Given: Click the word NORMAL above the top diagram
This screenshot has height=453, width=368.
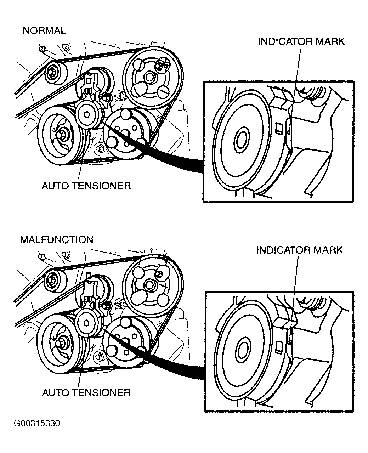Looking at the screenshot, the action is (44, 30).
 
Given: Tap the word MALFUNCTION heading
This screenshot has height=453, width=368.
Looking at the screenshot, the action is (57, 240).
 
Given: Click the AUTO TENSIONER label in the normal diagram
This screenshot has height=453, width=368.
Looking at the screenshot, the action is (86, 186).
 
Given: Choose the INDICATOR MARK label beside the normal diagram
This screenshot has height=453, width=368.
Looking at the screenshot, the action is (301, 41).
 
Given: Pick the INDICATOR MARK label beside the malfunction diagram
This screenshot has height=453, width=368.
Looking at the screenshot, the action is (300, 250).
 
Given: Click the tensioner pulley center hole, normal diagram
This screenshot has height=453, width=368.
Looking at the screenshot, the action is (86, 115).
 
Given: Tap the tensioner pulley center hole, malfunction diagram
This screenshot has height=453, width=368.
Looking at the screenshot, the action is (86, 323).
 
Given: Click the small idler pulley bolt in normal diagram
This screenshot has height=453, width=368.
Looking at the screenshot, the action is (51, 72).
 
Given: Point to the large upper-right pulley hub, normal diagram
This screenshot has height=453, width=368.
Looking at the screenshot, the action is (149, 77).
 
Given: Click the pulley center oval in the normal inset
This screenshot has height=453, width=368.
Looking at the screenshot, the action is (242, 140).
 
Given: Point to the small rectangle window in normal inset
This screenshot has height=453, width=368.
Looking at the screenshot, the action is (278, 129).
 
